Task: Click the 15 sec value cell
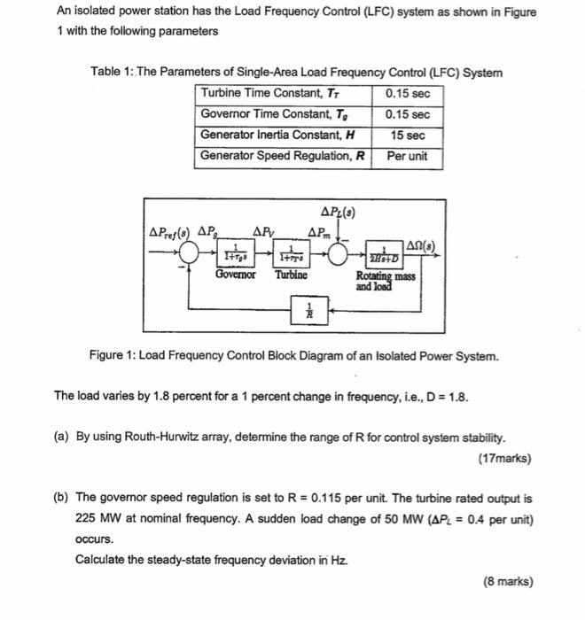(408, 136)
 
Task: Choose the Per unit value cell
(408, 156)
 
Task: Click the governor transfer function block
(235, 253)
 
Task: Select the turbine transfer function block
(292, 253)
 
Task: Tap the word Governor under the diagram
(235, 275)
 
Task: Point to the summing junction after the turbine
(340, 253)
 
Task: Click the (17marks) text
(505, 460)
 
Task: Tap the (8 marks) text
(509, 582)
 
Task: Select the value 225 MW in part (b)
(95, 518)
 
